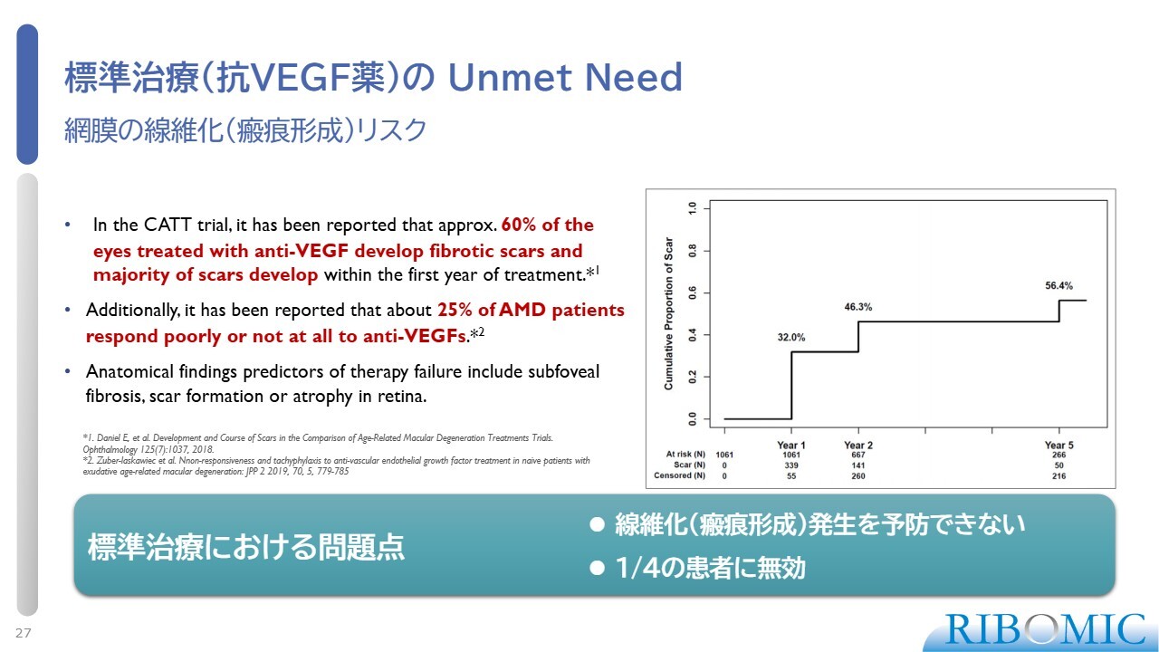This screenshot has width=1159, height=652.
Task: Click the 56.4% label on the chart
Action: pyautogui.click(x=1058, y=285)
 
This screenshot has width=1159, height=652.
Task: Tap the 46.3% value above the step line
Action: pyautogui.click(x=857, y=307)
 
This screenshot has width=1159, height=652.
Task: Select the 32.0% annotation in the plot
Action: pyautogui.click(x=791, y=338)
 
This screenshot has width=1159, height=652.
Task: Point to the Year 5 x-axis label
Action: pyautogui.click(x=1058, y=445)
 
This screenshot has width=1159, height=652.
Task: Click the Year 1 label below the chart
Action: pyautogui.click(x=791, y=445)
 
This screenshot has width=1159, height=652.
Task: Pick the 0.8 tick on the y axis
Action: pyautogui.click(x=693, y=251)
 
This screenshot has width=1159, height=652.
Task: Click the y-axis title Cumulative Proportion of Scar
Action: pyautogui.click(x=668, y=313)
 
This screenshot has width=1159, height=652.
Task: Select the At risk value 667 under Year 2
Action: pyautogui.click(x=857, y=455)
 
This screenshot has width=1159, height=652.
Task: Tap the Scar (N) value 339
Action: pyautogui.click(x=791, y=465)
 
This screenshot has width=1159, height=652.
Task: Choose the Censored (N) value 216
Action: pyautogui.click(x=1058, y=475)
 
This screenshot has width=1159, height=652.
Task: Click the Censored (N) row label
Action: pyautogui.click(x=679, y=475)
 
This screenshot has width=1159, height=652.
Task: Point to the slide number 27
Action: pyautogui.click(x=24, y=633)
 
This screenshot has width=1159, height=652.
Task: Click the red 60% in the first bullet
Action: pyautogui.click(x=519, y=225)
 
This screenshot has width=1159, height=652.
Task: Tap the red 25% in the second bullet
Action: pyautogui.click(x=455, y=310)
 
